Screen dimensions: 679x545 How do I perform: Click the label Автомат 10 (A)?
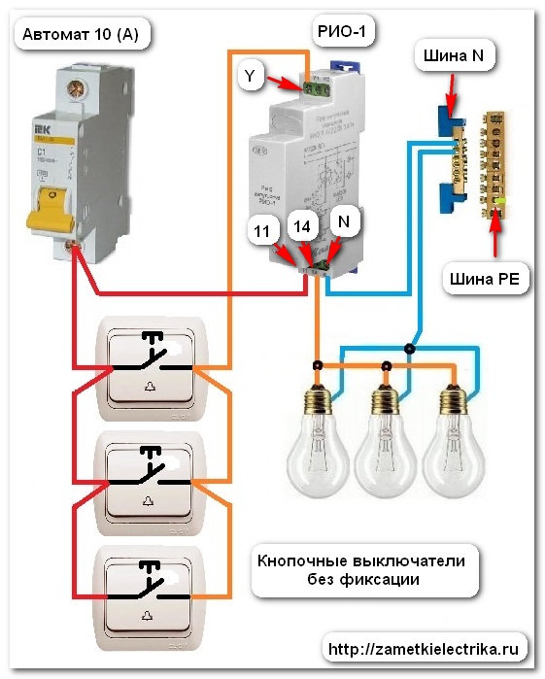[x=80, y=38]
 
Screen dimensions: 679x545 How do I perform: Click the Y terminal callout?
[x=251, y=76]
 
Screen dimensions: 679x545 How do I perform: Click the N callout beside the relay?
[x=344, y=221]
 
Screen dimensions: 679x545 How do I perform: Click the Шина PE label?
[x=484, y=280]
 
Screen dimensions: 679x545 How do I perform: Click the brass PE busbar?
[x=495, y=160]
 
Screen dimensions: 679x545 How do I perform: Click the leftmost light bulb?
[x=319, y=437]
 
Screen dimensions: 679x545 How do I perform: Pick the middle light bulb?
[x=386, y=437]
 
